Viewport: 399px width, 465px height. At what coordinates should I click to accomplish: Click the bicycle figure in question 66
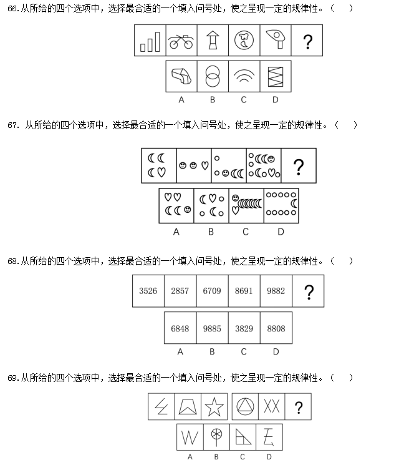pyautogui.click(x=181, y=42)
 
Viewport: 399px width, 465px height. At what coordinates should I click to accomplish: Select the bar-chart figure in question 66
pyautogui.click(x=150, y=42)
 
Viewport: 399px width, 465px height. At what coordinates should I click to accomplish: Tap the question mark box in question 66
pyautogui.click(x=307, y=42)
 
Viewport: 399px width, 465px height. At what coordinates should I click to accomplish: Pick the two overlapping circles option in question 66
pyautogui.click(x=213, y=77)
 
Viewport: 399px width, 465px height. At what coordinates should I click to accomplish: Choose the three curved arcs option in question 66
pyautogui.click(x=244, y=77)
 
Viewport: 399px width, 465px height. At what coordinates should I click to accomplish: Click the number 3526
pyautogui.click(x=148, y=291)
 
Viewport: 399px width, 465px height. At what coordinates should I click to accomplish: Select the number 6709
pyautogui.click(x=212, y=291)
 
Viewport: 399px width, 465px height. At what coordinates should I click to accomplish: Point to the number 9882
pyautogui.click(x=276, y=291)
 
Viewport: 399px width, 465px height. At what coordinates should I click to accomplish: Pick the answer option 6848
pyautogui.click(x=180, y=328)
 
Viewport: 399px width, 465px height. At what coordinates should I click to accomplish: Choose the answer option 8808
pyautogui.click(x=276, y=328)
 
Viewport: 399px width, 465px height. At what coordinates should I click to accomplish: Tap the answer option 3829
pyautogui.click(x=244, y=328)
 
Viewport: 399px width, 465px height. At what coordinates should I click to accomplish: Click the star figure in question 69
pyautogui.click(x=214, y=408)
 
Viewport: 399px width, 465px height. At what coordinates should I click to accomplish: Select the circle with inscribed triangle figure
pyautogui.click(x=244, y=408)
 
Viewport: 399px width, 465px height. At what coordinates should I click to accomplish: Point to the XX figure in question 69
pyautogui.click(x=271, y=408)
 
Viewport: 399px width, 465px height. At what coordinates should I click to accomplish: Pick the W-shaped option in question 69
pyautogui.click(x=190, y=437)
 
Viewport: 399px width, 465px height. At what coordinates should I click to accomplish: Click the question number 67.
pyautogui.click(x=14, y=125)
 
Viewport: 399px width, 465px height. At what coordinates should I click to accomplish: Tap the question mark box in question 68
pyautogui.click(x=307, y=291)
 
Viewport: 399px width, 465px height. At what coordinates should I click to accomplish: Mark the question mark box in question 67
pyautogui.click(x=299, y=166)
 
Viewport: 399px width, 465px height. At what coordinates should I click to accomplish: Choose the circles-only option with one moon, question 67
pyautogui.click(x=281, y=205)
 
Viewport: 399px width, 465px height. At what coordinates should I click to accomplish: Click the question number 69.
pyautogui.click(x=13, y=378)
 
